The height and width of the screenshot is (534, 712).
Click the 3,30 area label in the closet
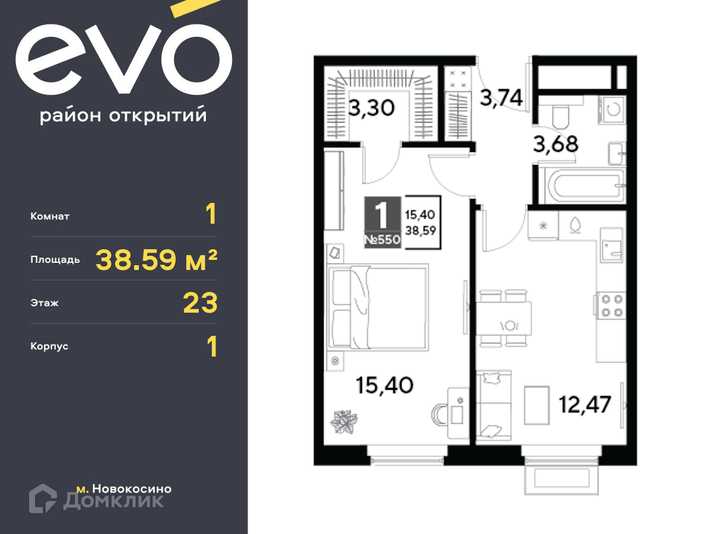[371, 108]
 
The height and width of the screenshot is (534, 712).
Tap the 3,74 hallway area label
[501, 97]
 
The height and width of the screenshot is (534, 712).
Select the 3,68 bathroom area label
[555, 144]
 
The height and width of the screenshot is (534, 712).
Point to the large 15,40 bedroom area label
[384, 386]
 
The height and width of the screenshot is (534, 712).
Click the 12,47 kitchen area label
[585, 405]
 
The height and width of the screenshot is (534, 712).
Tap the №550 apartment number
[383, 240]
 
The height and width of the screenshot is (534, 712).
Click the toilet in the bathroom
[560, 113]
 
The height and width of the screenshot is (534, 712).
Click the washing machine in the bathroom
[612, 110]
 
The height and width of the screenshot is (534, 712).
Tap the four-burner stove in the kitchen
[610, 306]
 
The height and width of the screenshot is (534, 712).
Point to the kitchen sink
[612, 245]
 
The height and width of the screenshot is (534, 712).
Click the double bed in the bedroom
[378, 307]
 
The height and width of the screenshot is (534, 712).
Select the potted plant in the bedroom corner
[344, 421]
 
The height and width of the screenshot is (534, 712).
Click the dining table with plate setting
[503, 319]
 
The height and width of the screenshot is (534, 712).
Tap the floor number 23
[200, 303]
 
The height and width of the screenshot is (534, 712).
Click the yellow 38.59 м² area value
[157, 260]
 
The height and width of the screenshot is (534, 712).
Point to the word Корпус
[49, 347]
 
